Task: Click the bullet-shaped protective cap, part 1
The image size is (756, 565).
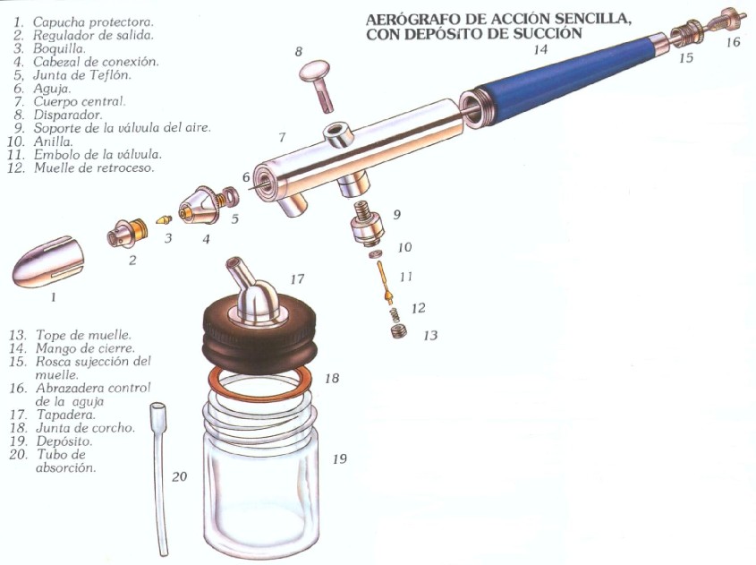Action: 48,262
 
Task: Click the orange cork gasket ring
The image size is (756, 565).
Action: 260,383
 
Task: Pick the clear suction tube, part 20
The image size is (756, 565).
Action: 159,477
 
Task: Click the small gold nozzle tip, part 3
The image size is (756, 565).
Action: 164,219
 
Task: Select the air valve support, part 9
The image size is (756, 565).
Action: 367,223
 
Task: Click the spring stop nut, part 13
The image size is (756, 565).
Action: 398,331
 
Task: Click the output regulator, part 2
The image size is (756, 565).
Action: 126,234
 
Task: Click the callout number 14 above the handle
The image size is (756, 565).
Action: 541,50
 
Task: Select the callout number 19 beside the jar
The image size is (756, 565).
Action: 340,458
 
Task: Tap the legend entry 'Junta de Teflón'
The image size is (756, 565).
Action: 82,75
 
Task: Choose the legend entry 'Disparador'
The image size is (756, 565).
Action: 67,115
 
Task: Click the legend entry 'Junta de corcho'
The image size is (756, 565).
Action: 85,427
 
